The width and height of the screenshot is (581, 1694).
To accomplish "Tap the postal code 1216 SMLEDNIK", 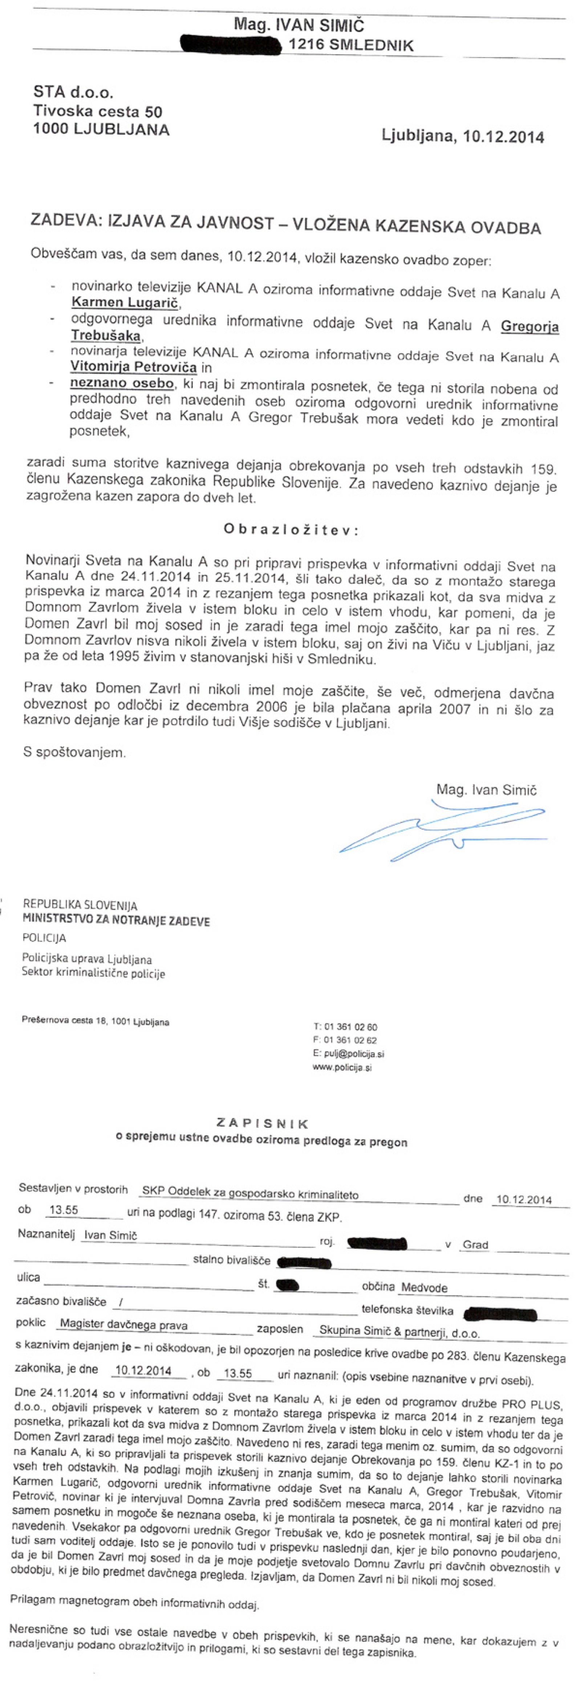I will [x=351, y=45].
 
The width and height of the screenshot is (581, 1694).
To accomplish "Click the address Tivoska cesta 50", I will [x=97, y=111].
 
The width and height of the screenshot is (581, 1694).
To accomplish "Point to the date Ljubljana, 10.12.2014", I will [x=463, y=136].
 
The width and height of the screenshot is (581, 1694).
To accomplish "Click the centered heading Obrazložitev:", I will [x=291, y=529].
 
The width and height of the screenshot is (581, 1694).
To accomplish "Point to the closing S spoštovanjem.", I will [x=74, y=752].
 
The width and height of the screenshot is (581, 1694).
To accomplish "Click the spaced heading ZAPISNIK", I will [x=262, y=1123].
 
